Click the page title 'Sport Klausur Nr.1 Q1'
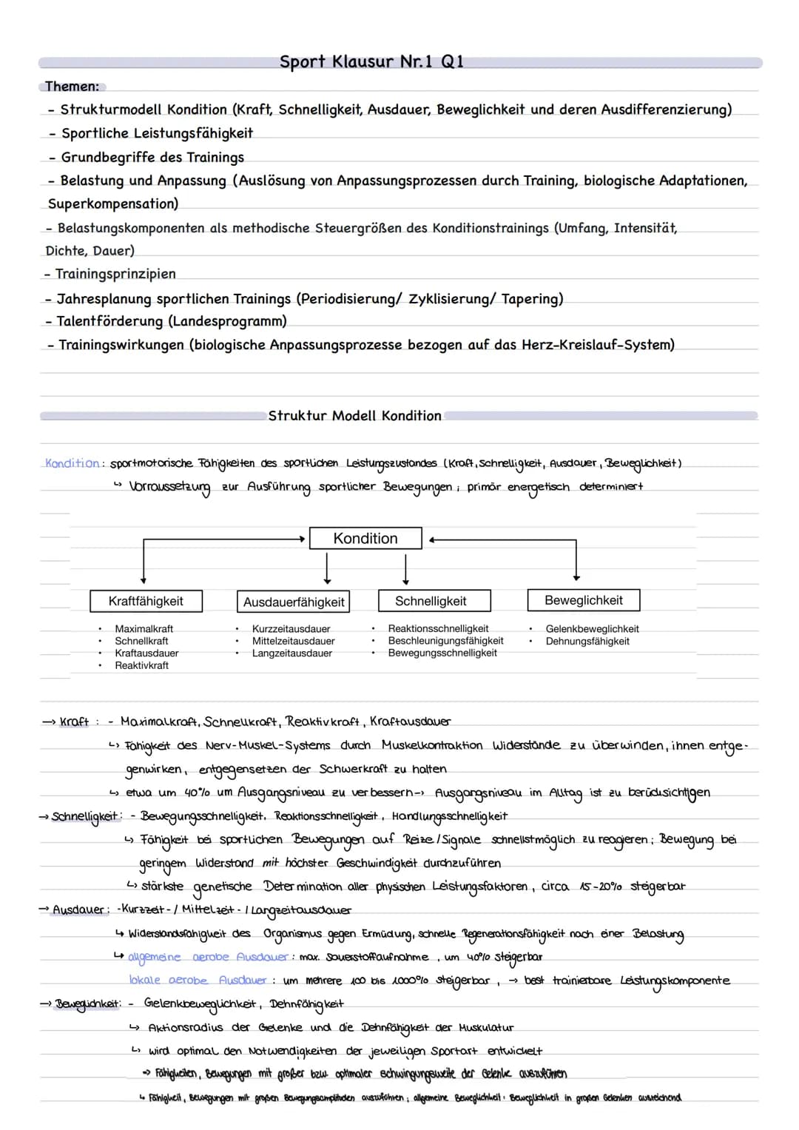(x=371, y=62)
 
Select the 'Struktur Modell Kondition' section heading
(x=354, y=416)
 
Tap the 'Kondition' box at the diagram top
(x=365, y=538)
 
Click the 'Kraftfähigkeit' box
(x=146, y=601)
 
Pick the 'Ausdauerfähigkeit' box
(x=294, y=602)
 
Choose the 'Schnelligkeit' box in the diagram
(x=431, y=601)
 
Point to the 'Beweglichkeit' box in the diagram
(x=583, y=600)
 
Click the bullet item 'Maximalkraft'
(x=144, y=629)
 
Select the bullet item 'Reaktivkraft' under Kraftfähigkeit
(x=141, y=665)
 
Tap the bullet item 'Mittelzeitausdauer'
(x=293, y=641)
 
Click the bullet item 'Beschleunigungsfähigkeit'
(x=445, y=641)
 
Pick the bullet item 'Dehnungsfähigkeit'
(x=587, y=641)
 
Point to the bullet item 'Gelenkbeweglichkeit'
(x=592, y=629)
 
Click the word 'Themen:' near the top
(x=72, y=87)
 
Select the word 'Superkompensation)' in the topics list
(x=113, y=204)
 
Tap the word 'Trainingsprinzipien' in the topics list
(x=115, y=274)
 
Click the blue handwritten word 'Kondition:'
(x=73, y=463)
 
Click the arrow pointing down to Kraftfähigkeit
(x=143, y=570)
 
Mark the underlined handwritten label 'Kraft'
(x=74, y=722)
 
